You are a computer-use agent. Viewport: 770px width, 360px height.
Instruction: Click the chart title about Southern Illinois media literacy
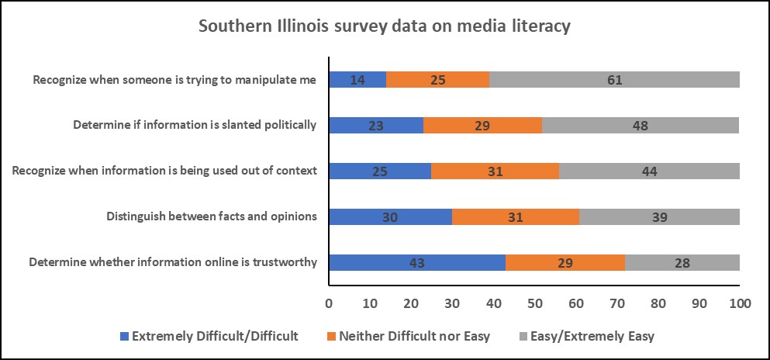pyautogui.click(x=385, y=26)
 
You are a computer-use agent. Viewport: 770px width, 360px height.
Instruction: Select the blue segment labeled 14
pyautogui.click(x=357, y=79)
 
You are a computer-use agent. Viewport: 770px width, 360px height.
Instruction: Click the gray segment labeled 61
pyautogui.click(x=614, y=79)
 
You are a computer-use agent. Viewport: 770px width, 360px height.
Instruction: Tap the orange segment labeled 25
pyautogui.click(x=437, y=79)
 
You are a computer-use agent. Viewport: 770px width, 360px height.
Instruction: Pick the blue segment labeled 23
pyautogui.click(x=376, y=124)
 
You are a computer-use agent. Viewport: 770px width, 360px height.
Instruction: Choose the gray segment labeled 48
pyautogui.click(x=641, y=124)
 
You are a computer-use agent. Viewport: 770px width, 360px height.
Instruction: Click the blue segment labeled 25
pyautogui.click(x=380, y=171)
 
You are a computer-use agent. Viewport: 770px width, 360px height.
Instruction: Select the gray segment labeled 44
pyautogui.click(x=649, y=171)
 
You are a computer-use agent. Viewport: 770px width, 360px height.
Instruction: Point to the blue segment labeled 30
pyautogui.click(x=390, y=216)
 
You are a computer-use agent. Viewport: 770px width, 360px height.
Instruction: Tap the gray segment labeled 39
pyautogui.click(x=659, y=216)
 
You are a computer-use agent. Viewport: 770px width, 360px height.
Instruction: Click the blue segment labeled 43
pyautogui.click(x=417, y=262)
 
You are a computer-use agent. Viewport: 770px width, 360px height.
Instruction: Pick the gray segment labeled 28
pyautogui.click(x=682, y=262)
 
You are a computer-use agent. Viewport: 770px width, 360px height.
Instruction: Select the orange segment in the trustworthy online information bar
pyautogui.click(x=565, y=262)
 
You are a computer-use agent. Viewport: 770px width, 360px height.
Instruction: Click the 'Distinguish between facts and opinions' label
pyautogui.click(x=212, y=216)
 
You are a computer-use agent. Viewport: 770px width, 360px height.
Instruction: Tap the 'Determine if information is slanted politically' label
pyautogui.click(x=195, y=124)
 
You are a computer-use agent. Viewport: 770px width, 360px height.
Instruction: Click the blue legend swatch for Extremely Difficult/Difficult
pyautogui.click(x=124, y=337)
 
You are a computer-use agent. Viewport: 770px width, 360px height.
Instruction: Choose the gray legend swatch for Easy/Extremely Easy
pyautogui.click(x=523, y=337)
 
